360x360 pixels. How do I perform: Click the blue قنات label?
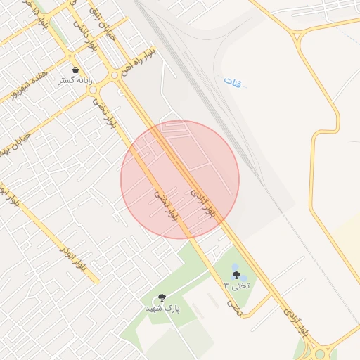tap(232, 82)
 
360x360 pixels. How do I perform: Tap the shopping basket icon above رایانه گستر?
tap(75, 70)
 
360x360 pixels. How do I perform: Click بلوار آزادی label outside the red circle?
tap(295, 318)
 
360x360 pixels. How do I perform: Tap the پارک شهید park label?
tap(162, 308)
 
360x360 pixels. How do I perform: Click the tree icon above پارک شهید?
tap(162, 297)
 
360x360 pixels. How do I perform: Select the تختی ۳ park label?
tap(237, 285)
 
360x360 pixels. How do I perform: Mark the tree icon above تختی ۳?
tap(236, 274)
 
